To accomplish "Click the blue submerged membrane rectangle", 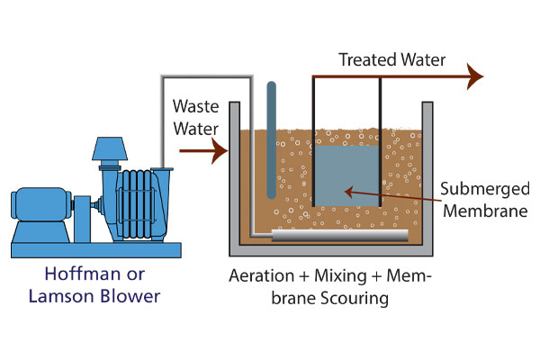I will point(346,175).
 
